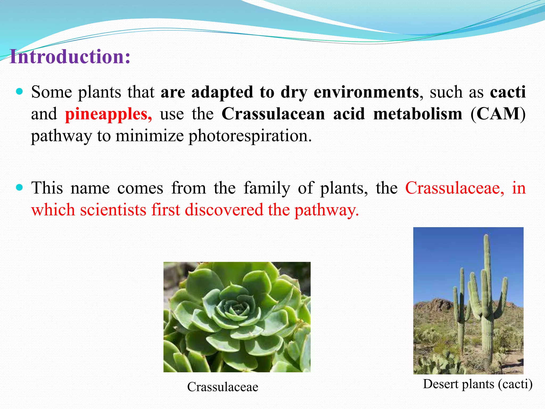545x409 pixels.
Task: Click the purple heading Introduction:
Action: point(70,57)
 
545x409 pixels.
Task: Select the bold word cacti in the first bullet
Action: point(507,92)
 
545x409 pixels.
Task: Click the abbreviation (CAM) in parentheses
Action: point(498,114)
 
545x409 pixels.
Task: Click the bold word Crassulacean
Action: point(273,114)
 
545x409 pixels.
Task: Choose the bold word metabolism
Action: point(418,114)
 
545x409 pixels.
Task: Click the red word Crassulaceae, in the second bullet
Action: point(455,188)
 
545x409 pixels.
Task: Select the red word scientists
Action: point(113,210)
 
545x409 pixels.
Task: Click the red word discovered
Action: point(224,210)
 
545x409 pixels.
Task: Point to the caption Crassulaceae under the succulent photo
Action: point(222,387)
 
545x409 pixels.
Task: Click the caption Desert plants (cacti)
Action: point(478,384)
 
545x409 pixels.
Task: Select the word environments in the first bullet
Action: point(366,92)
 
